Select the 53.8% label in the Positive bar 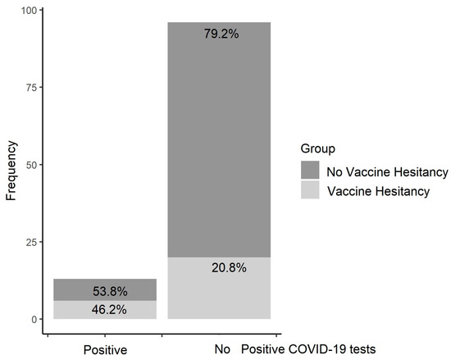[104, 290]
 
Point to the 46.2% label [104, 310]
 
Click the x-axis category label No [221, 349]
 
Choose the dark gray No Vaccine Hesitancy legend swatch [311, 171]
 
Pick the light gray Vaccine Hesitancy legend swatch [311, 190]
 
